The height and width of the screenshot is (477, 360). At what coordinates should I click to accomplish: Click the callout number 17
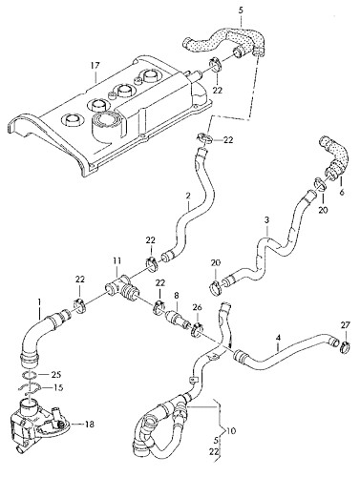point(95,66)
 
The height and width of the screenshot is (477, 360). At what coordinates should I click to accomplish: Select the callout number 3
point(267,220)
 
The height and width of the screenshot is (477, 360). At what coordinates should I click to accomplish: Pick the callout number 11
point(116,259)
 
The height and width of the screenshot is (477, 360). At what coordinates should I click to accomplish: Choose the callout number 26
point(198,307)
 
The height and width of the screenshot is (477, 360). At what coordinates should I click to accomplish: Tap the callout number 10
point(233,431)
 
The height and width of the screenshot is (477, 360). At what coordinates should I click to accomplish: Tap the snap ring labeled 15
point(32,387)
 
